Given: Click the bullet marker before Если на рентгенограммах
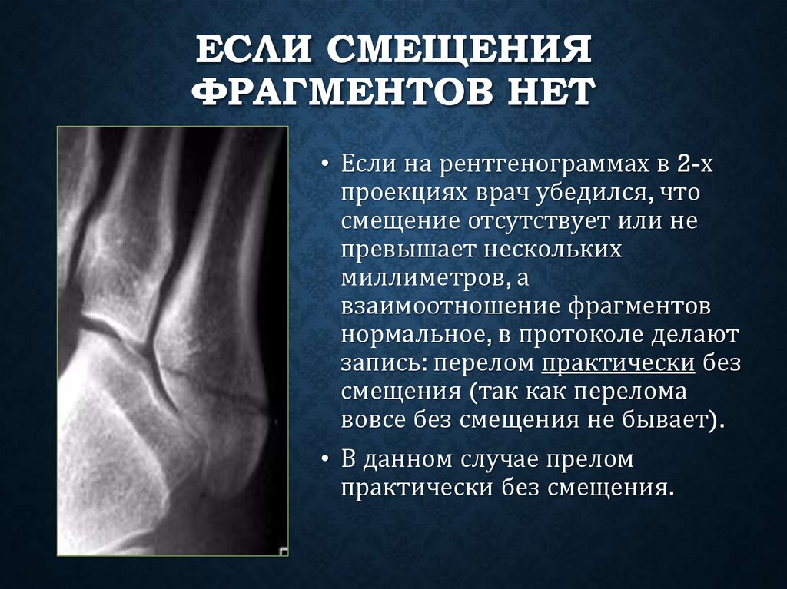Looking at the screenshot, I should point(326,164).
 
